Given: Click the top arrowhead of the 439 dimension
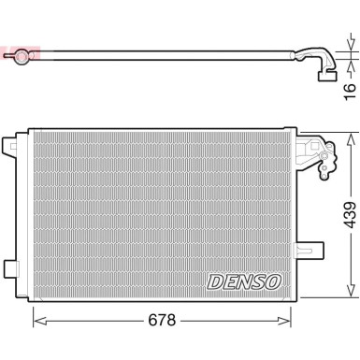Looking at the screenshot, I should (350, 137).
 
